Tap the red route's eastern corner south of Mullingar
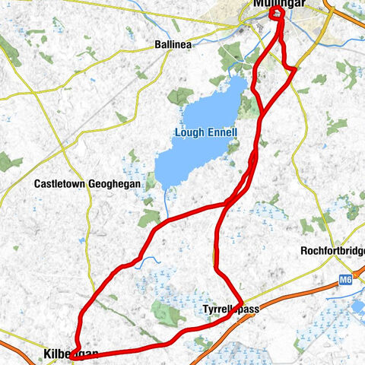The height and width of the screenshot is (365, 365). [x=294, y=70]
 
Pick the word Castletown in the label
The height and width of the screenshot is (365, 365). [x=59, y=184]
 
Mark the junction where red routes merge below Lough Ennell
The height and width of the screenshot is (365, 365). [x=227, y=204]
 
